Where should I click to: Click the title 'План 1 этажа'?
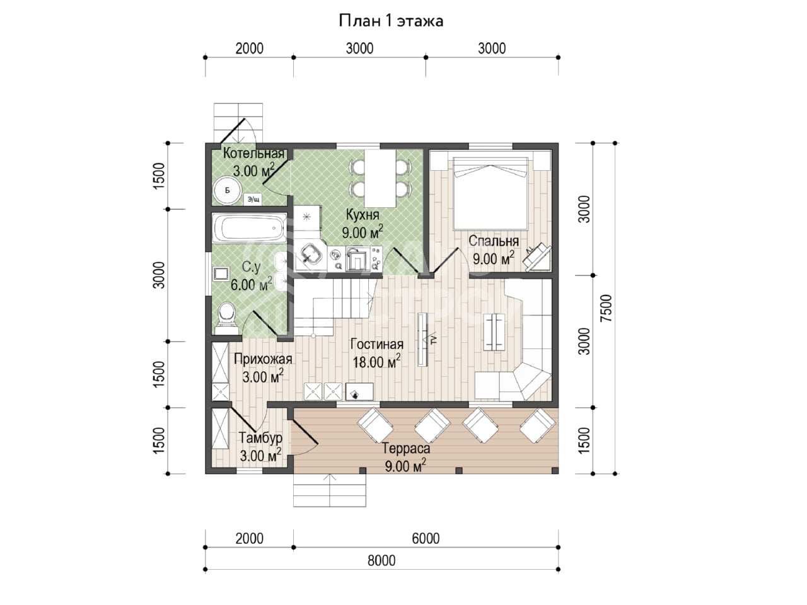[x=391, y=21]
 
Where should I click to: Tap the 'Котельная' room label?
[x=253, y=153]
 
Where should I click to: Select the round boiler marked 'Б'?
[x=227, y=190]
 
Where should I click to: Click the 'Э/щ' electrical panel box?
[x=253, y=200]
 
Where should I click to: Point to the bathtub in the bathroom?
[x=250, y=228]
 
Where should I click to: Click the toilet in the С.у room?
[x=226, y=318]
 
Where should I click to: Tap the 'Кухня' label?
[x=363, y=215]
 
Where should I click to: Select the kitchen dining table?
[x=380, y=178]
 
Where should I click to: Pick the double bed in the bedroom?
[x=491, y=193]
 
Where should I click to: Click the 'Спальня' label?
[x=494, y=241]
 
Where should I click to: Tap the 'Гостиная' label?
[x=377, y=345]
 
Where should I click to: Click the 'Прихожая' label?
[x=263, y=359]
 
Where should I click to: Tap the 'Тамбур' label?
[x=260, y=438]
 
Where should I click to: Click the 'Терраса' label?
[x=406, y=449]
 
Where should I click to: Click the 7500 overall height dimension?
[x=607, y=308]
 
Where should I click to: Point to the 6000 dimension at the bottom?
[x=426, y=538]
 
